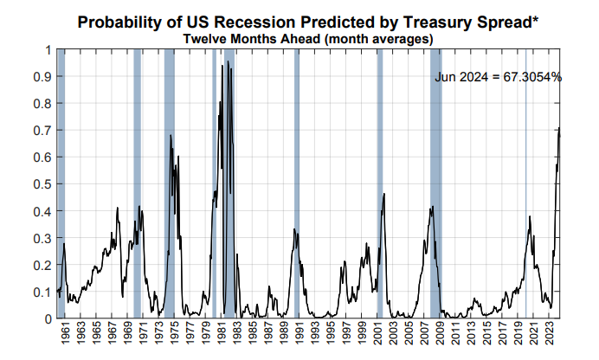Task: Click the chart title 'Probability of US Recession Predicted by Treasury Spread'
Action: click(308, 21)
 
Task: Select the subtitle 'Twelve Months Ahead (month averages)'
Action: click(308, 38)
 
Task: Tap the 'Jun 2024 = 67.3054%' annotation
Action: click(498, 77)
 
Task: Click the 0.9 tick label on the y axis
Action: click(42, 76)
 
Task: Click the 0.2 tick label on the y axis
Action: click(42, 264)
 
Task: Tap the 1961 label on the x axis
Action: click(66, 334)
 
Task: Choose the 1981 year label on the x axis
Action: click(223, 334)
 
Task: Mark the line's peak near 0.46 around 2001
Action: click(383, 194)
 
